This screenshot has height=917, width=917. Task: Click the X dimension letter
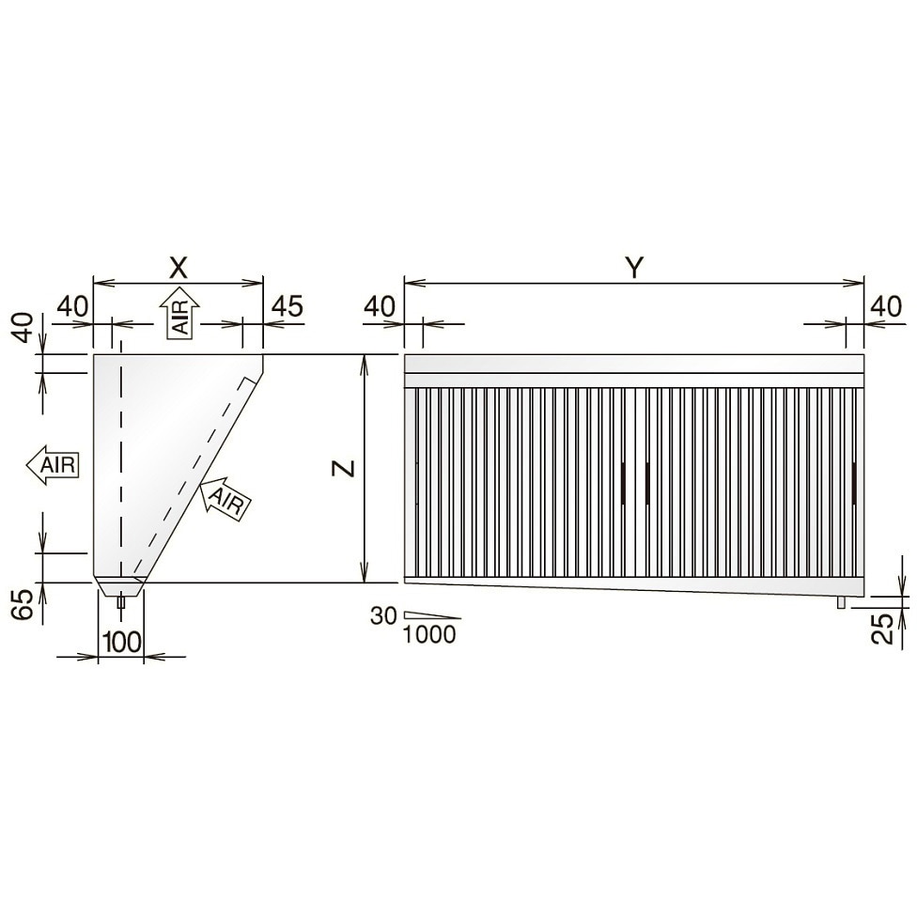tap(179, 268)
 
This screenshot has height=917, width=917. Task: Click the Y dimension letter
tap(634, 268)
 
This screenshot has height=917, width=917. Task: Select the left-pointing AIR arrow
tap(52, 465)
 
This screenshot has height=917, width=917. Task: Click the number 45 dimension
tap(286, 306)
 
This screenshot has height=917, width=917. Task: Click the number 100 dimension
tap(121, 642)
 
